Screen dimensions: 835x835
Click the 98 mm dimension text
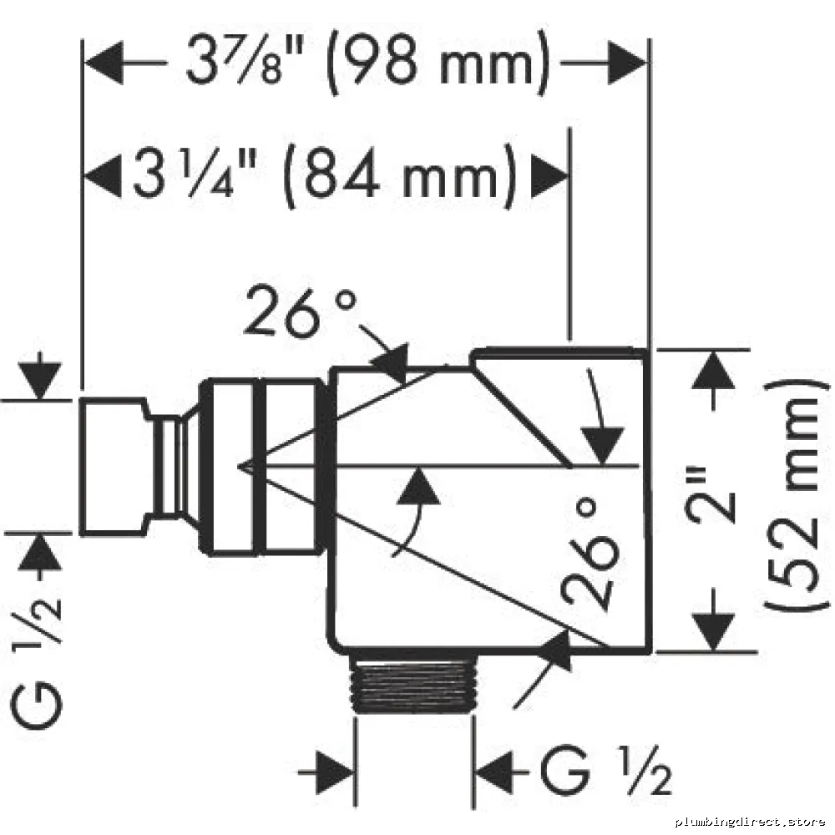point(438,63)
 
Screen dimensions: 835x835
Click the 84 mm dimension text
point(401,175)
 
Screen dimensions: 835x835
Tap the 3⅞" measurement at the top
point(245,59)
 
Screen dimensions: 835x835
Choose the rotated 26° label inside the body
point(590,553)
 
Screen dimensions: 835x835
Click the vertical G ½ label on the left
point(36,662)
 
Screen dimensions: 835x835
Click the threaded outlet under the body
point(414,683)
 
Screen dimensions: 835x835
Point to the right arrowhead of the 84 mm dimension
point(549,175)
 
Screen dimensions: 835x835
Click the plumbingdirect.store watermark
point(750,822)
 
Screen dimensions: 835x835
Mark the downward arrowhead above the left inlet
point(39,380)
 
